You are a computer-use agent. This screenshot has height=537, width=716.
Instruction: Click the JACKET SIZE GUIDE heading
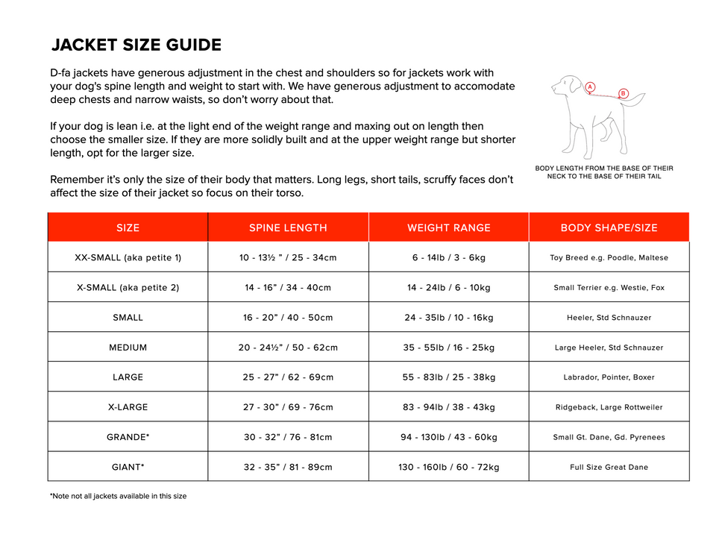pos(136,45)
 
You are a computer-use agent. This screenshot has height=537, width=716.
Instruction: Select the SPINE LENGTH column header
pos(288,227)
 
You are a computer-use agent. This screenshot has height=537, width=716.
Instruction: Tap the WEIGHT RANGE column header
pos(449,227)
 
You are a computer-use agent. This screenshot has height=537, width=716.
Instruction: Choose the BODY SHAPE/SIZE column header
pos(609,227)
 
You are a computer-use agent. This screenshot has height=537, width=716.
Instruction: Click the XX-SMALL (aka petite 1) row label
pos(128,257)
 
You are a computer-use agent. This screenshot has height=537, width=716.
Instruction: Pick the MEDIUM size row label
pos(128,347)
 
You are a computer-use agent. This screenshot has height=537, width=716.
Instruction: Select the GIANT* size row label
pos(128,467)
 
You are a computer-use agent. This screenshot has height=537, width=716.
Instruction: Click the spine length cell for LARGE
pos(288,377)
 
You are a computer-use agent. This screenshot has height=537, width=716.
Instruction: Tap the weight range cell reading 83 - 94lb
pos(449,407)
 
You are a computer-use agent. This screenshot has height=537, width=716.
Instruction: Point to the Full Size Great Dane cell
pos(609,467)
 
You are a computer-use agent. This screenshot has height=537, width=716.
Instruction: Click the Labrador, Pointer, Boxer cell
pos(609,377)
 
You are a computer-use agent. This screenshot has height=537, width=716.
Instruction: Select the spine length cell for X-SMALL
pos(288,287)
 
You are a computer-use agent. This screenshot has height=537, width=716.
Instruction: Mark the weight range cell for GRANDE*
pos(449,437)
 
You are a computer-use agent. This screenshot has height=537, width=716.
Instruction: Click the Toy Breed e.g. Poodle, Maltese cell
pos(609,257)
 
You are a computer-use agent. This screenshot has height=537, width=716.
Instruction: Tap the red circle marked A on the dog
pos(590,87)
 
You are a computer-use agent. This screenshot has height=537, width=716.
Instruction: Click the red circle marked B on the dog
pos(624,93)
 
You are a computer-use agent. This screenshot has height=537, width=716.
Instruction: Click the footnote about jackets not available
pos(118,496)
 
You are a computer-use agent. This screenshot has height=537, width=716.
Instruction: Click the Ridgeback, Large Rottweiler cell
pos(609,407)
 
